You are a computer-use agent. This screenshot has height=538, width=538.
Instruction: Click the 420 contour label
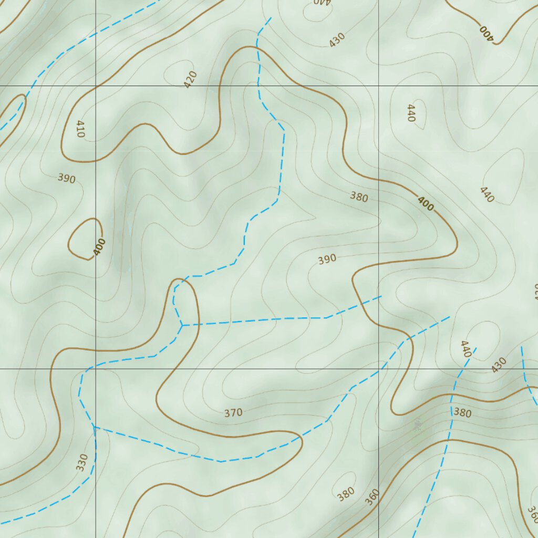pyautogui.click(x=190, y=79)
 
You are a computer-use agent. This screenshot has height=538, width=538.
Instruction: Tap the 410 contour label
pyautogui.click(x=80, y=129)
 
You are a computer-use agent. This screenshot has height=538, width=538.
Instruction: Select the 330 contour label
pyautogui.click(x=82, y=462)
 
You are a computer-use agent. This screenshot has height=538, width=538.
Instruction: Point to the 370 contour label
pyautogui.click(x=233, y=413)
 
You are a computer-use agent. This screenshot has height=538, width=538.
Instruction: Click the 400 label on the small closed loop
pyautogui.click(x=99, y=247)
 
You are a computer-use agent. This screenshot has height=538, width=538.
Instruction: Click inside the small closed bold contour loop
pyautogui.click(x=84, y=239)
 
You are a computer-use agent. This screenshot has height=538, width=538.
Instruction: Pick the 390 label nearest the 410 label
pyautogui.click(x=67, y=179)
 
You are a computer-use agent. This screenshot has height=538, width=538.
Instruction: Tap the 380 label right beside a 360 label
pyautogui.click(x=346, y=494)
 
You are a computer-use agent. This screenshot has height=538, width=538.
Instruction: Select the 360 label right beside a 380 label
pyautogui.click(x=372, y=497)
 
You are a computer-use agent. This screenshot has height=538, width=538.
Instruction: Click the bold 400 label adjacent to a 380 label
pyautogui.click(x=426, y=203)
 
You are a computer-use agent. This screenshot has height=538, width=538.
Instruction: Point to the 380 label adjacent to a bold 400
pyautogui.click(x=359, y=198)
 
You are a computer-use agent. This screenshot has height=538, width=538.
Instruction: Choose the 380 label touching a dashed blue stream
pyautogui.click(x=462, y=413)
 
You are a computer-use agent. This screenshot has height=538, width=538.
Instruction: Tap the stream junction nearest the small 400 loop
pyautogui.click(x=182, y=325)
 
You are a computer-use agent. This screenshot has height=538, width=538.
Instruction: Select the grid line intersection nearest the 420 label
pyautogui.click(x=95, y=85)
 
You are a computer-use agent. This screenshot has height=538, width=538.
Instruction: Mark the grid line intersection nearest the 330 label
pyautogui.click(x=95, y=368)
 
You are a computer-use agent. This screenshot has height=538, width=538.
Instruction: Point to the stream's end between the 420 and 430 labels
pyautogui.click(x=271, y=18)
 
